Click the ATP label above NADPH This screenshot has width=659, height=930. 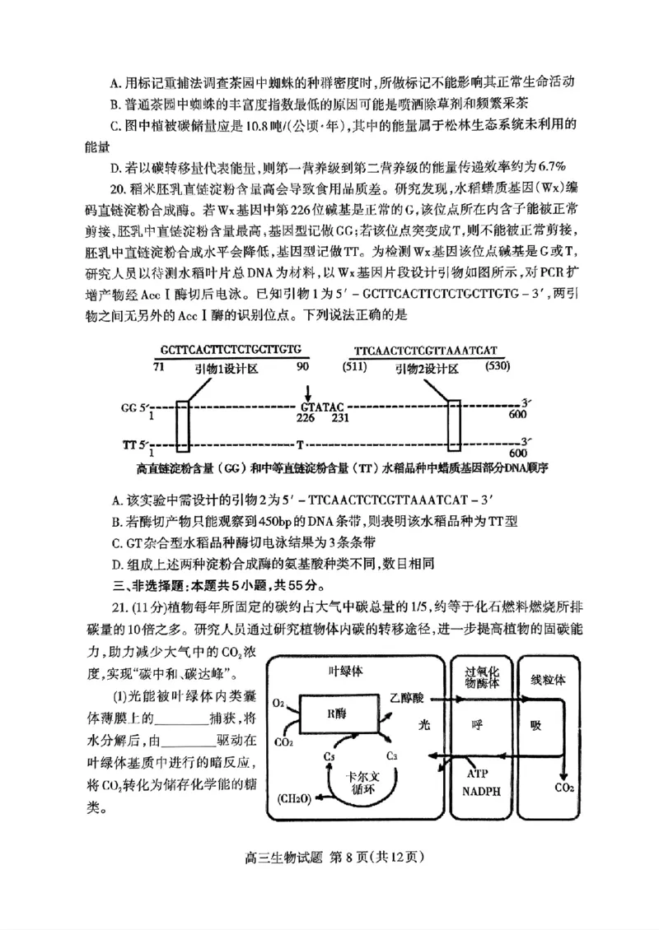(478, 774)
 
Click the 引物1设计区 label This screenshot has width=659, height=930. (227, 370)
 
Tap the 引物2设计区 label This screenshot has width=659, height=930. (428, 369)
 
